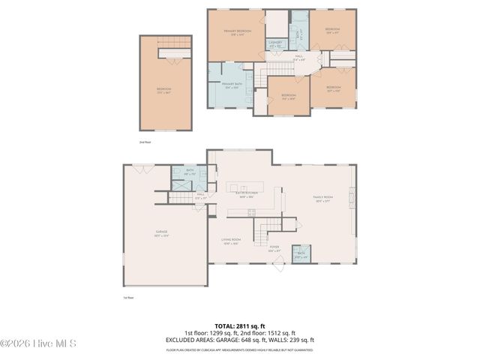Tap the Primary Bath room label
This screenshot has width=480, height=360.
click(x=230, y=85)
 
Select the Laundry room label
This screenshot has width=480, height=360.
click(x=274, y=45)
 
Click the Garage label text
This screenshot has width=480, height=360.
click(x=160, y=234)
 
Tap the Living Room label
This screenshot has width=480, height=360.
click(x=230, y=241)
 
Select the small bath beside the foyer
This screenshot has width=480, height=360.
click(x=301, y=253)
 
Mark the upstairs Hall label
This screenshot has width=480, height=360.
click(x=298, y=58)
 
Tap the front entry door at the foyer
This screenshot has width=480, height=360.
click(x=279, y=262)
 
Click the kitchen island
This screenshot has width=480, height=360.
click(x=246, y=186)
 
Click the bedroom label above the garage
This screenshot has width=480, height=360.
click(x=163, y=90)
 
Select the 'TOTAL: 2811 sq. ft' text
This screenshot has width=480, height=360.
click(x=240, y=326)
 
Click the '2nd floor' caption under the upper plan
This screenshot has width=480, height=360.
click(x=145, y=142)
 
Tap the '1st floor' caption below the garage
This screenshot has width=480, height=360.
click(x=128, y=298)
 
